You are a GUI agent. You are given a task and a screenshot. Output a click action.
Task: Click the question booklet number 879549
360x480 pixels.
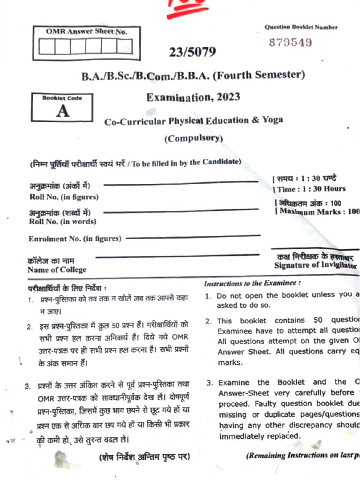290,43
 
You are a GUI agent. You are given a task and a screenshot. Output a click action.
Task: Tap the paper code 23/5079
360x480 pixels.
193,52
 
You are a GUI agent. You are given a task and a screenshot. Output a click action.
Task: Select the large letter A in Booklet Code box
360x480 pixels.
62,112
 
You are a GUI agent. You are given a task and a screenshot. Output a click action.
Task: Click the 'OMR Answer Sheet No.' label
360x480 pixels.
86,31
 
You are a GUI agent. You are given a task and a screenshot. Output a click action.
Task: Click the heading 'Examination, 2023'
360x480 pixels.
193,97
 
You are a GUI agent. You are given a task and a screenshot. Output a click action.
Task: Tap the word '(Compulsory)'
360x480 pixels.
193,138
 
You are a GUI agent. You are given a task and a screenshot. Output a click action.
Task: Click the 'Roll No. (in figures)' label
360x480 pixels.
64,197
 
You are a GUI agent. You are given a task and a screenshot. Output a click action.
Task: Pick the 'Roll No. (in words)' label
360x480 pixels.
62,221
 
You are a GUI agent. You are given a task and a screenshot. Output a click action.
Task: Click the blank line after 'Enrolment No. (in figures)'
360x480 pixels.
193,237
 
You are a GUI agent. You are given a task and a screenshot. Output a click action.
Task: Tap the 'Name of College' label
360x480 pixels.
57,270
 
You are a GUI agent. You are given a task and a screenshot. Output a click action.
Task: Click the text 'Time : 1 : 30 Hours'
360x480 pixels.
310,189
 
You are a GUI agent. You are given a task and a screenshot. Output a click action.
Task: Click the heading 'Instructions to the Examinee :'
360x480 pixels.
252,284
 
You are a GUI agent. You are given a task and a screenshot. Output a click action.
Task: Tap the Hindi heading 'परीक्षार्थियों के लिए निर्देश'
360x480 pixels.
67,287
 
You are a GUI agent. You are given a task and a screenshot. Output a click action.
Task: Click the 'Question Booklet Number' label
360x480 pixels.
300,27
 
